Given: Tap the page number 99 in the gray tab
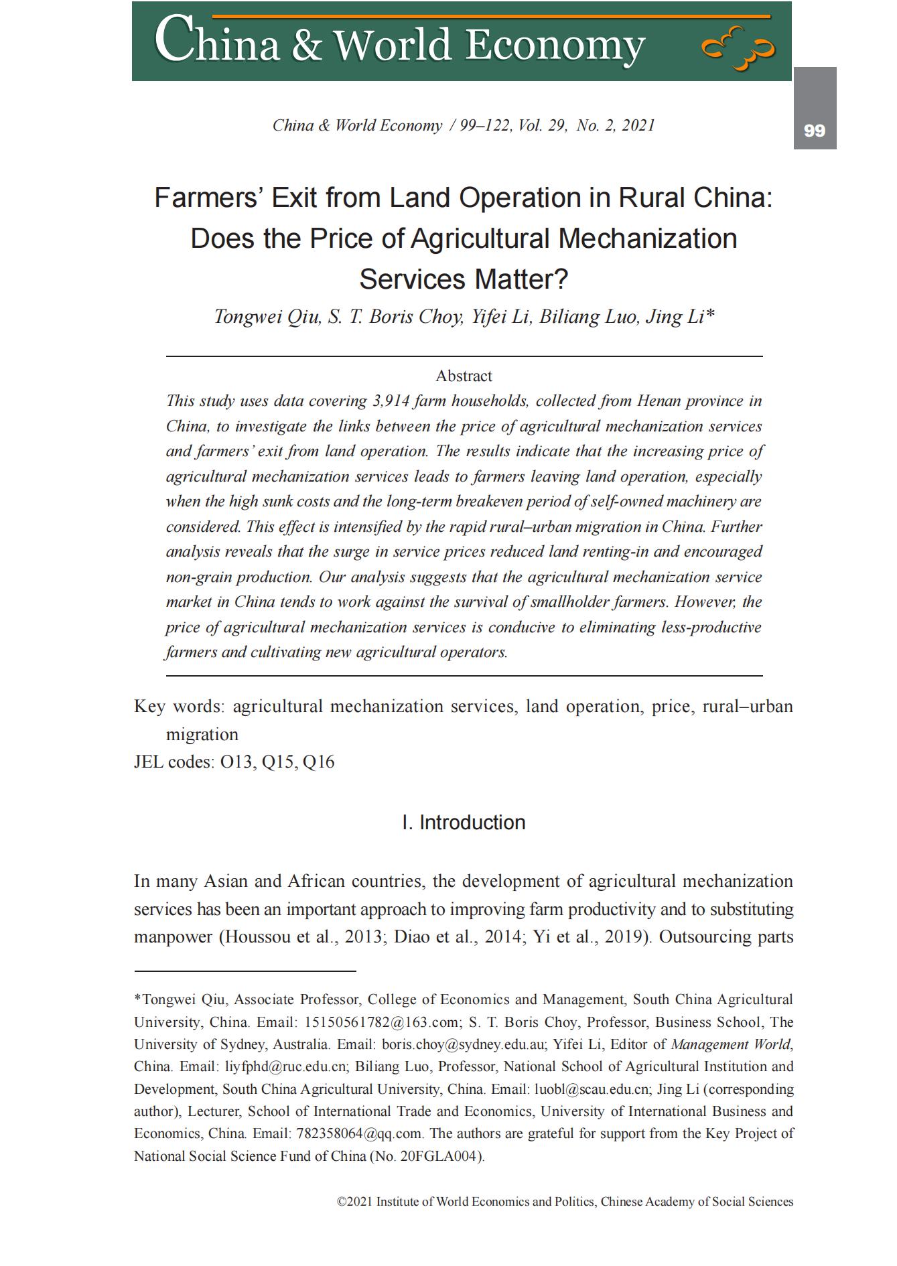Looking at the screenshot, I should pos(814,131).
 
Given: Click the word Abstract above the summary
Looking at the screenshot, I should pos(464,376).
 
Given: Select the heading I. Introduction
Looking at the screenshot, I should pos(464,823).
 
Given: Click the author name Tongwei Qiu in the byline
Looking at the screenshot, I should pos(267,317).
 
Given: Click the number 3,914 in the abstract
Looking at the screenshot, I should pos(391,401).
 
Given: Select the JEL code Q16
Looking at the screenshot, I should pos(318,762).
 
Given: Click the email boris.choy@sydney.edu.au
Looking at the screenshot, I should pos(465,1044).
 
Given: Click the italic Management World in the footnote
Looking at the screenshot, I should pos(730,1044).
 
